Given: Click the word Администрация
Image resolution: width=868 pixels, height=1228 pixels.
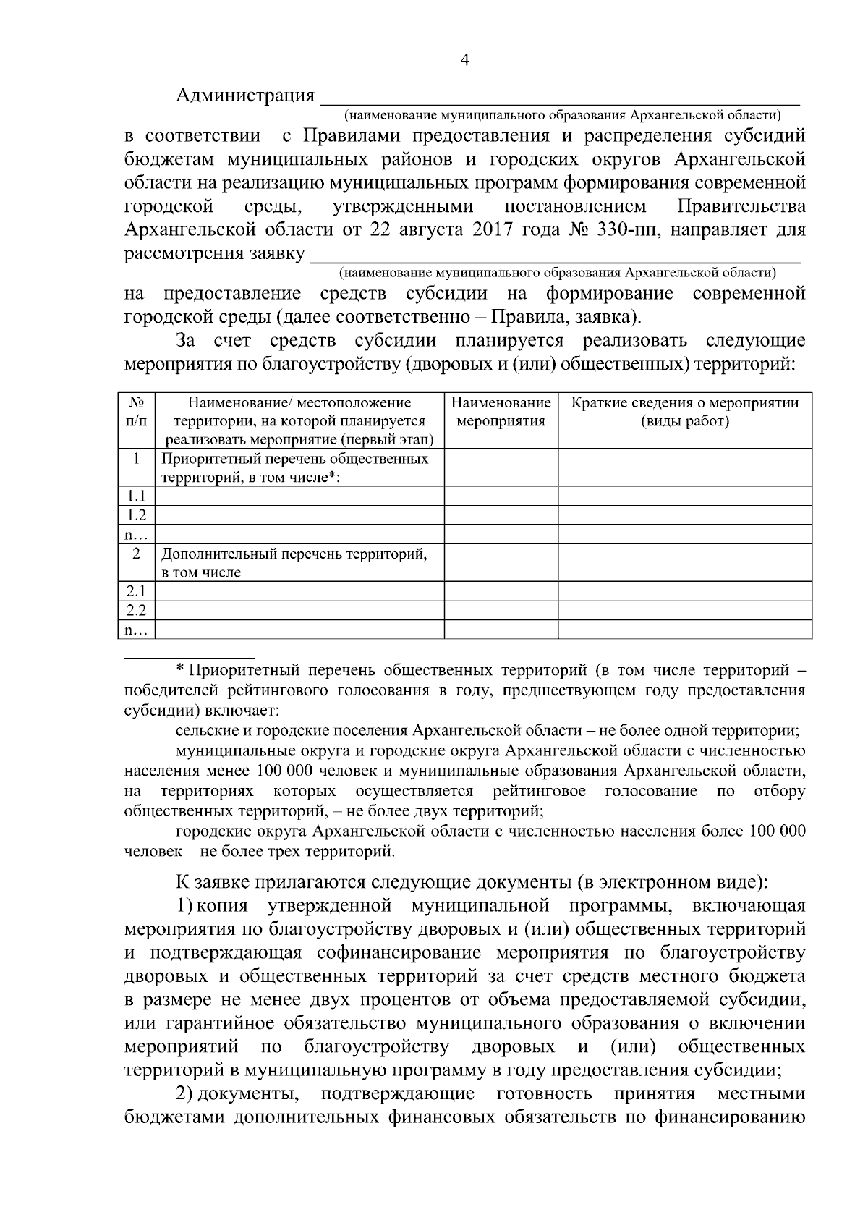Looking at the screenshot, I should pos(245,96).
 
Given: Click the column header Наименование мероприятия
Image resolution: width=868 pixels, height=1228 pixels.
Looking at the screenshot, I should pos(501,412).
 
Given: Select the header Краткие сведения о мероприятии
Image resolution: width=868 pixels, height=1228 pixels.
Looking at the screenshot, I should pos(684,412).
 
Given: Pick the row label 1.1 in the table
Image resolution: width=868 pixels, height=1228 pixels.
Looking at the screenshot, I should pos(137,496).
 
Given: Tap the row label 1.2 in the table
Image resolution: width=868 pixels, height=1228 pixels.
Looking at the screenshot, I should pos(137,515).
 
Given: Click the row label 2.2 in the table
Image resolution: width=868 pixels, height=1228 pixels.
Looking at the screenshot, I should pos(137,611).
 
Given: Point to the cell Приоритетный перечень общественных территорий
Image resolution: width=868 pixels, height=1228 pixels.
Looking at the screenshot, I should pos(294,467).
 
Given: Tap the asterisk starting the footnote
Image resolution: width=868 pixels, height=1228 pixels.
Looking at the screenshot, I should pos(181,669).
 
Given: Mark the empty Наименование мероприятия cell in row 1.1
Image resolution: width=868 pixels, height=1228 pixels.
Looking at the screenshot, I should pos(501,496).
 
